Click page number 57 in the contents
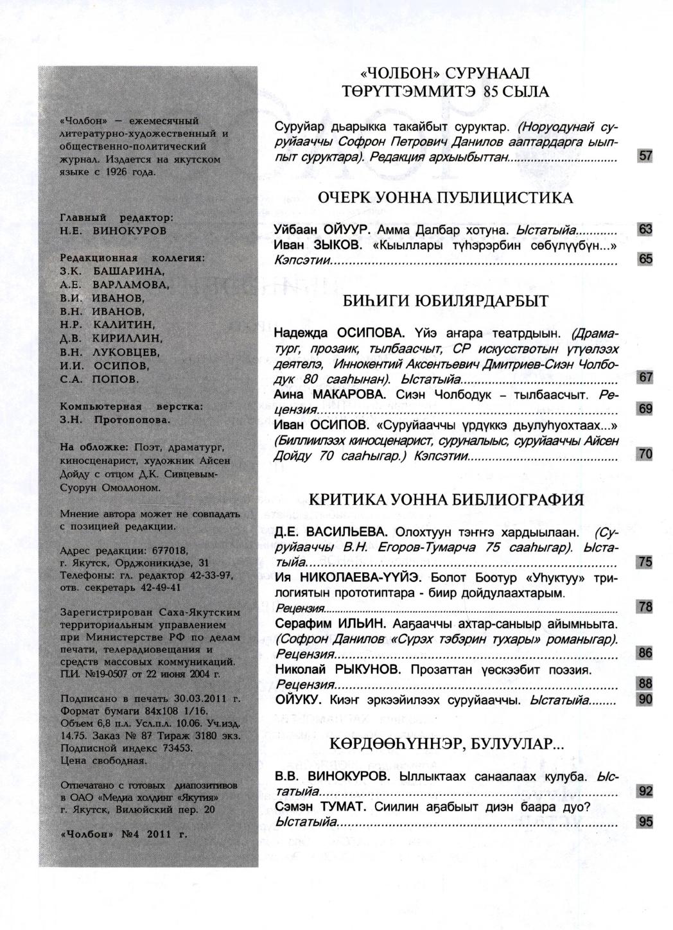(645, 156)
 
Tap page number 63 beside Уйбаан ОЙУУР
(645, 230)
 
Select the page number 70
(645, 455)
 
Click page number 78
(645, 607)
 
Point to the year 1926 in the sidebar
(120, 171)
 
